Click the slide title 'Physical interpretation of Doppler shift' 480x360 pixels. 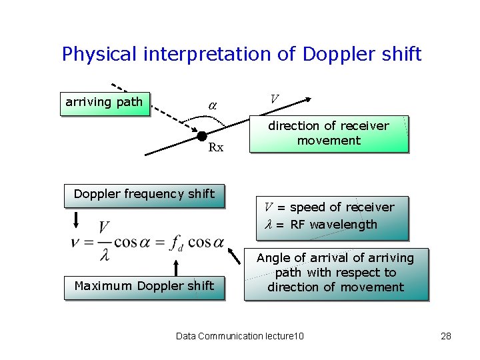(241, 54)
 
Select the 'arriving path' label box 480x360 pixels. (105, 103)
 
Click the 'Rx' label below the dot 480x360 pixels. (216, 148)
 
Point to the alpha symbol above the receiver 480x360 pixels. (212, 105)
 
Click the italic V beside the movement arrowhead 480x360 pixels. (273, 99)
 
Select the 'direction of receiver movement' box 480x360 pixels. (329, 133)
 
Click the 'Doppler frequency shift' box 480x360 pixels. (144, 195)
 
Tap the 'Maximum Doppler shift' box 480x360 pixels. (144, 287)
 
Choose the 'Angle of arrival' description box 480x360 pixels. (335, 273)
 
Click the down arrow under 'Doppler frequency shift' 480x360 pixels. (77, 221)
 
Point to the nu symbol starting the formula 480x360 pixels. (76, 241)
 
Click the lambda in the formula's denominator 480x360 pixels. (104, 254)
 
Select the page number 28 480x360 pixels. (446, 336)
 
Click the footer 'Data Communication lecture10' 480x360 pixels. (239, 336)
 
